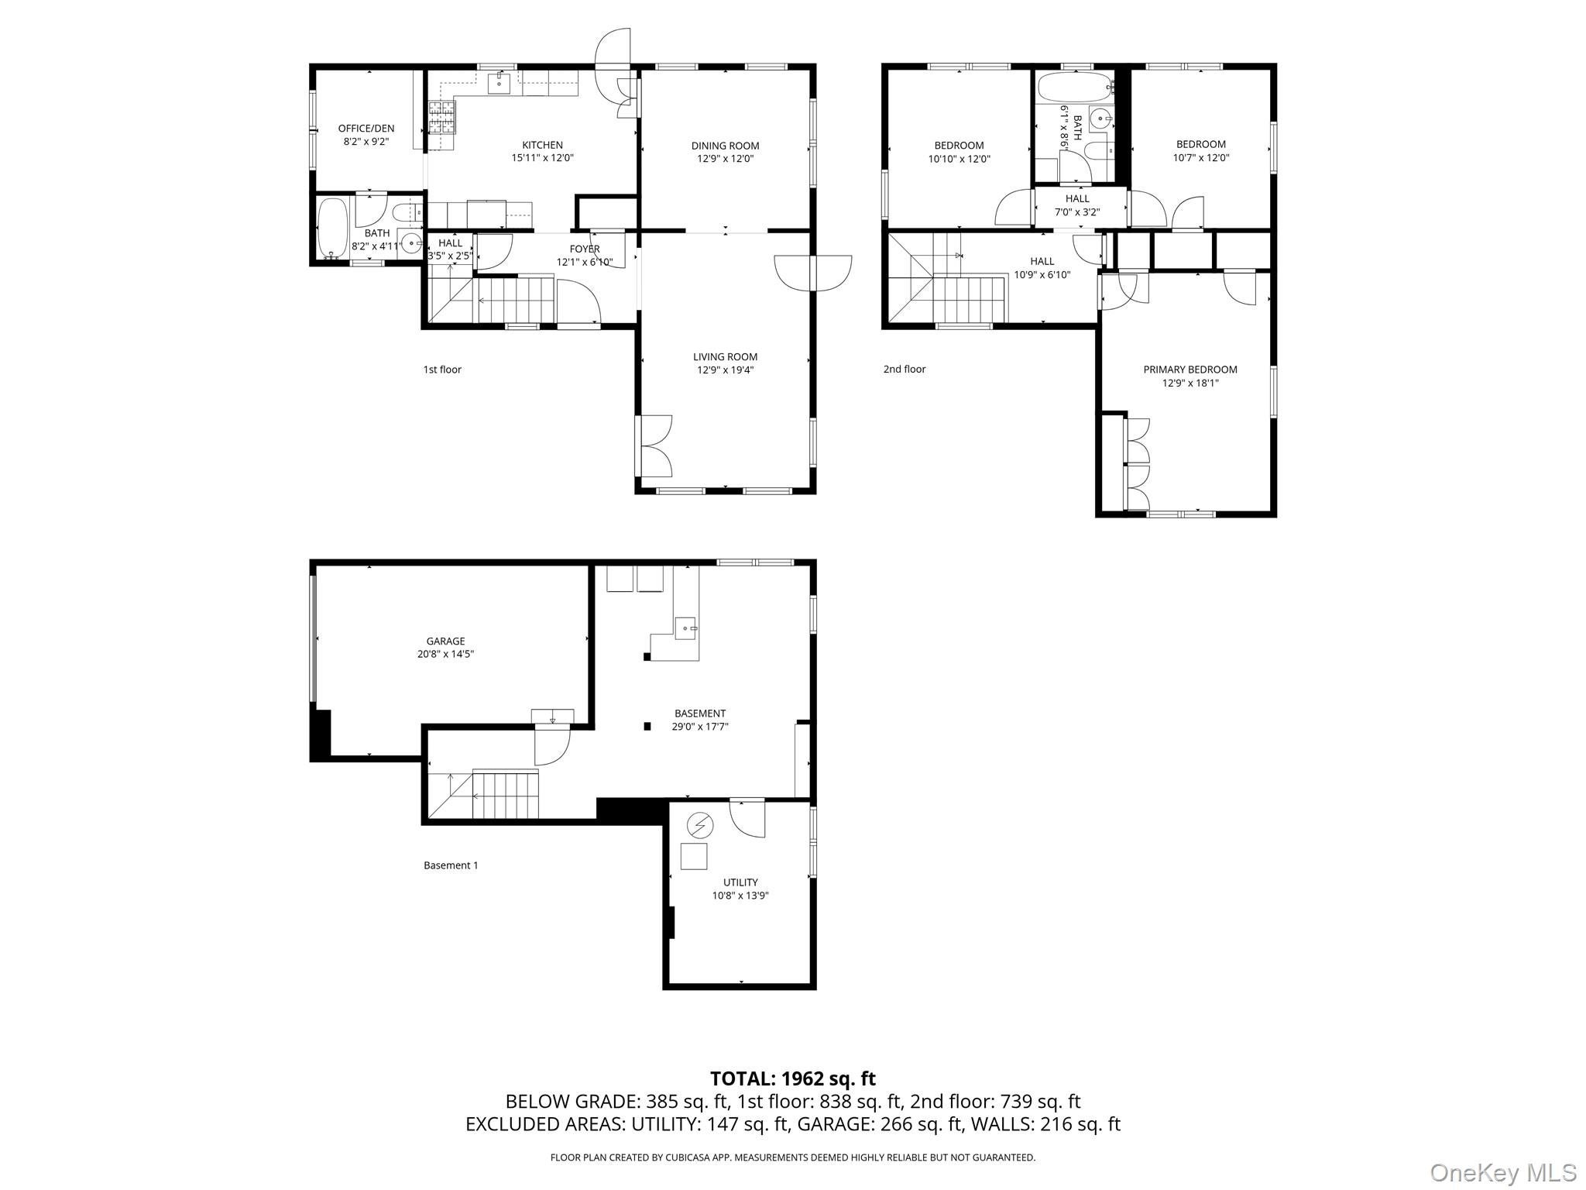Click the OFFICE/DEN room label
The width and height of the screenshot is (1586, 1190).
(x=366, y=129)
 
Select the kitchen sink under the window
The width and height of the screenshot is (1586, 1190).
(x=499, y=83)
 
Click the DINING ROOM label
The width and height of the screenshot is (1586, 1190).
(x=725, y=146)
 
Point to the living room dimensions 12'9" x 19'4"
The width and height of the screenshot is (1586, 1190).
(x=725, y=370)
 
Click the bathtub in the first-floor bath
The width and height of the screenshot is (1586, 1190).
(x=333, y=228)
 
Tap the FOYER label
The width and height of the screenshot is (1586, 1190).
(x=584, y=249)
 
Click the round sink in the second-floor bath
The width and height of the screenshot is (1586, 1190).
(x=1100, y=119)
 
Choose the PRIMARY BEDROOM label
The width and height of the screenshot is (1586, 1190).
(x=1189, y=370)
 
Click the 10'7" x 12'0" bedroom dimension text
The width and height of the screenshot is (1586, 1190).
(x=1201, y=157)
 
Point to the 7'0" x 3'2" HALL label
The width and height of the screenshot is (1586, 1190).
(x=1077, y=199)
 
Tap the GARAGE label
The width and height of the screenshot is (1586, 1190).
(x=445, y=641)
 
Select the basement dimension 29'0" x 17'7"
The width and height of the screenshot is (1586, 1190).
(x=700, y=727)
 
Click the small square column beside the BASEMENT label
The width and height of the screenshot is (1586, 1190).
(x=647, y=726)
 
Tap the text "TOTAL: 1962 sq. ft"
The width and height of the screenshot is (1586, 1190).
(x=792, y=1078)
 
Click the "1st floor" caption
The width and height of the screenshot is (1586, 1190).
(x=441, y=370)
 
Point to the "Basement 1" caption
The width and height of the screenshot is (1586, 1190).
(x=451, y=865)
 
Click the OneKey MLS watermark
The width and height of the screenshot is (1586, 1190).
(x=1502, y=1172)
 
